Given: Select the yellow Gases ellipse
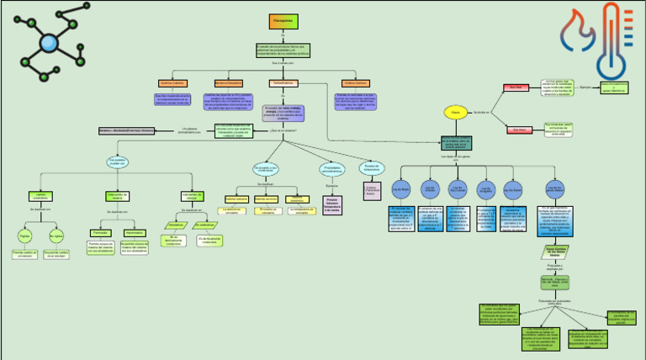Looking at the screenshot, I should (x=455, y=112).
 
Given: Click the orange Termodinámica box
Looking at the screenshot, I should (x=282, y=83).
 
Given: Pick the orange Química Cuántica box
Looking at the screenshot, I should (x=172, y=83).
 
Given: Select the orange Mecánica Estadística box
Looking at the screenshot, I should (x=228, y=83).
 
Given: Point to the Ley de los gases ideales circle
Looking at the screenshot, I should (x=554, y=190).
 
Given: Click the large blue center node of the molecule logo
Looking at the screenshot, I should (x=49, y=44).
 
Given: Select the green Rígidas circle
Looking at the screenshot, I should (x=24, y=236).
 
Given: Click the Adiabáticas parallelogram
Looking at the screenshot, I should (x=175, y=225).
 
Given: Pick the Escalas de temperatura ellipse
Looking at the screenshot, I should (x=372, y=168).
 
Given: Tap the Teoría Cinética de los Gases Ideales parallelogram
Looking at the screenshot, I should (x=553, y=251).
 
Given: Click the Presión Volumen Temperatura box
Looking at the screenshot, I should (x=333, y=205).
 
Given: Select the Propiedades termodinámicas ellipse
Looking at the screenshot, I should (x=332, y=169).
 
